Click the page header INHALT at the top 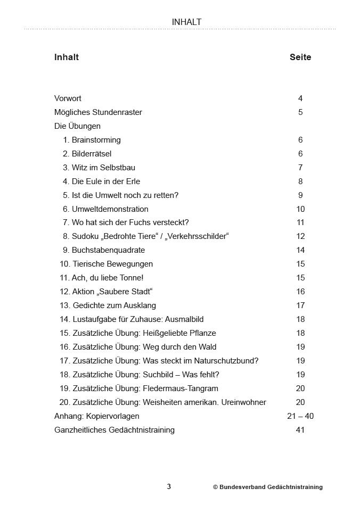(x=186, y=22)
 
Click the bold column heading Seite (x=300, y=57)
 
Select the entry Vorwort (x=68, y=98)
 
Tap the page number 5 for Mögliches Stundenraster (x=300, y=112)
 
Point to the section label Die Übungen (x=77, y=126)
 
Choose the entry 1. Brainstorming (x=92, y=140)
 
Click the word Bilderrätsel (x=92, y=154)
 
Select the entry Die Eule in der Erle (x=105, y=181)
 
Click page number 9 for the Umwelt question (x=300, y=195)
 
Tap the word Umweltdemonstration (x=110, y=209)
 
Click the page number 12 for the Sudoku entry (x=300, y=236)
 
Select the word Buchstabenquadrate (x=108, y=250)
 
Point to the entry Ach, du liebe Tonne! (x=102, y=278)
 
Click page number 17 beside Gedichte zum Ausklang (x=300, y=305)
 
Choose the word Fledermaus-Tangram (x=181, y=388)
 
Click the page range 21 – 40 (x=300, y=416)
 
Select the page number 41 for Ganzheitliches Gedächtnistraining (x=300, y=430)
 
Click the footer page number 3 (x=169, y=486)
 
